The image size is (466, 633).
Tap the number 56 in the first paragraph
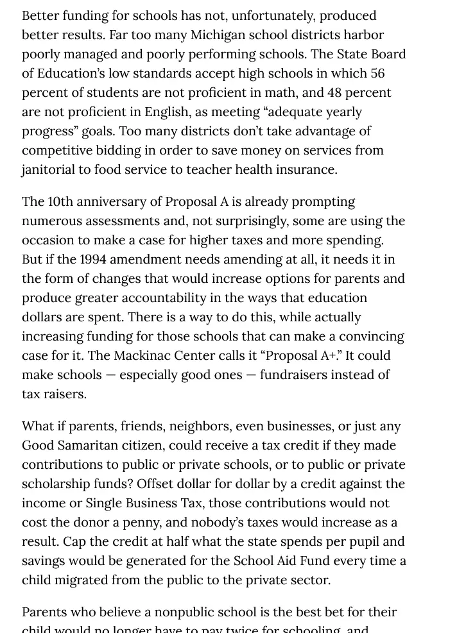pyautogui.click(x=377, y=73)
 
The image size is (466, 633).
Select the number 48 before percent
pyautogui.click(x=334, y=92)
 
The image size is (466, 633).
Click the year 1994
pyautogui.click(x=97, y=259)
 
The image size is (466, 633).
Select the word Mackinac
pyautogui.click(x=143, y=355)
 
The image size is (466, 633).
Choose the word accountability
pyautogui.click(x=216, y=298)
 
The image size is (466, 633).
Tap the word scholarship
pyautogui.click(x=60, y=484)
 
